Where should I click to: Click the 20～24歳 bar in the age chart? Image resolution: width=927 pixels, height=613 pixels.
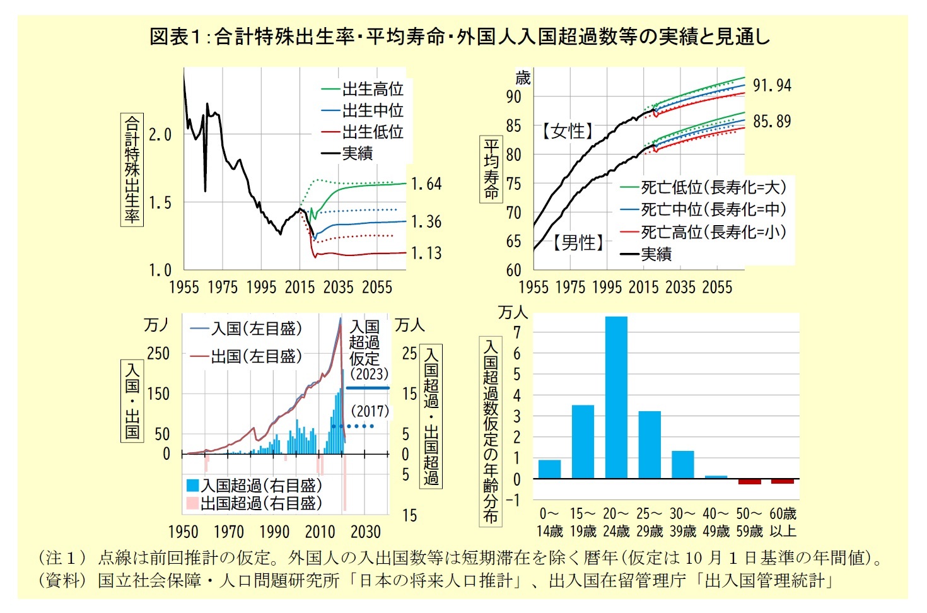(x=616, y=397)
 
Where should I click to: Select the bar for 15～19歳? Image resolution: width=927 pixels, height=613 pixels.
(x=583, y=441)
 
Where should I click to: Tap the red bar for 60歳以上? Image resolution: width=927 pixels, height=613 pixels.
(x=783, y=481)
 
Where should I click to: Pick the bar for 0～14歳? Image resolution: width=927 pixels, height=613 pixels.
(x=549, y=469)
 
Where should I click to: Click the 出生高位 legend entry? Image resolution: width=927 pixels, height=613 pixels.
(x=372, y=89)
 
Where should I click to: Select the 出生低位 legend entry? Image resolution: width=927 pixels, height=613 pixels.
(x=372, y=132)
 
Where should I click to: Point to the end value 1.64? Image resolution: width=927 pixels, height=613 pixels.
(x=426, y=184)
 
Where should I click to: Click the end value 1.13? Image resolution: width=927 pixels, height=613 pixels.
(x=426, y=254)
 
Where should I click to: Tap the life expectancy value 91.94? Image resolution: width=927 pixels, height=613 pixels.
(x=772, y=85)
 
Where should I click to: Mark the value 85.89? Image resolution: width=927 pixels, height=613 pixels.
(x=772, y=121)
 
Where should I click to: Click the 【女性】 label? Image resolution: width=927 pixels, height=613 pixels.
(x=568, y=131)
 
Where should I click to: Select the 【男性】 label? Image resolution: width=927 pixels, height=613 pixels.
(x=578, y=242)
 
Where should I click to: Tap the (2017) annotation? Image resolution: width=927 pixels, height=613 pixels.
(x=370, y=412)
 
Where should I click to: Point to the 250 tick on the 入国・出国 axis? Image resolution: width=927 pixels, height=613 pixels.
(x=158, y=354)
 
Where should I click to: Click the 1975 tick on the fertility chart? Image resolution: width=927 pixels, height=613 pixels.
(x=223, y=288)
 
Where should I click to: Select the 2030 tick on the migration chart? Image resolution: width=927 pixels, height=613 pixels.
(x=365, y=532)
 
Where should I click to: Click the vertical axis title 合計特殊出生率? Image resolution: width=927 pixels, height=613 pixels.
(x=132, y=169)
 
